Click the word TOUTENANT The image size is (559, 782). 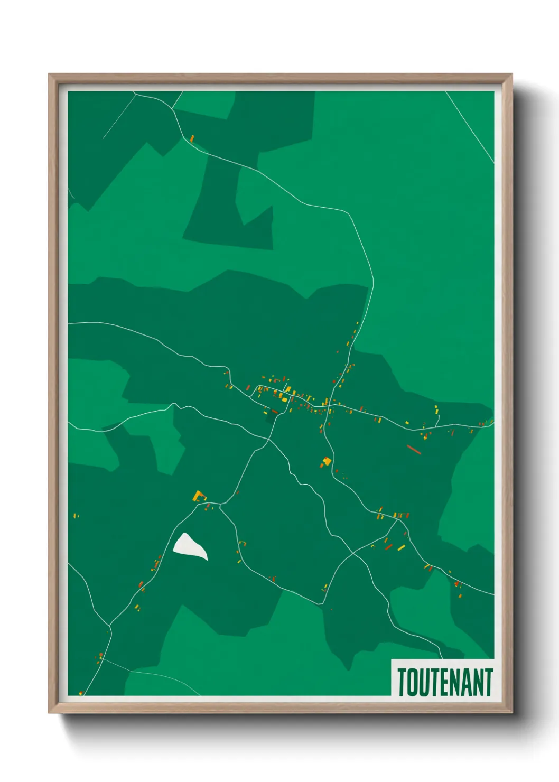tap(445, 682)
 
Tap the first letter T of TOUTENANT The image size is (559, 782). tap(403, 682)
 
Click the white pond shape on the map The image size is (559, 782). tap(189, 546)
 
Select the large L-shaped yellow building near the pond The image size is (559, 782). tap(199, 496)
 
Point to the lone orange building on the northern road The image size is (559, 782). tap(192, 138)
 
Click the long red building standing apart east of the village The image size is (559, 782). tap(413, 450)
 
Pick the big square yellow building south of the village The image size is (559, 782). tap(327, 461)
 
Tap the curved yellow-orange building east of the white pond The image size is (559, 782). tap(243, 543)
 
